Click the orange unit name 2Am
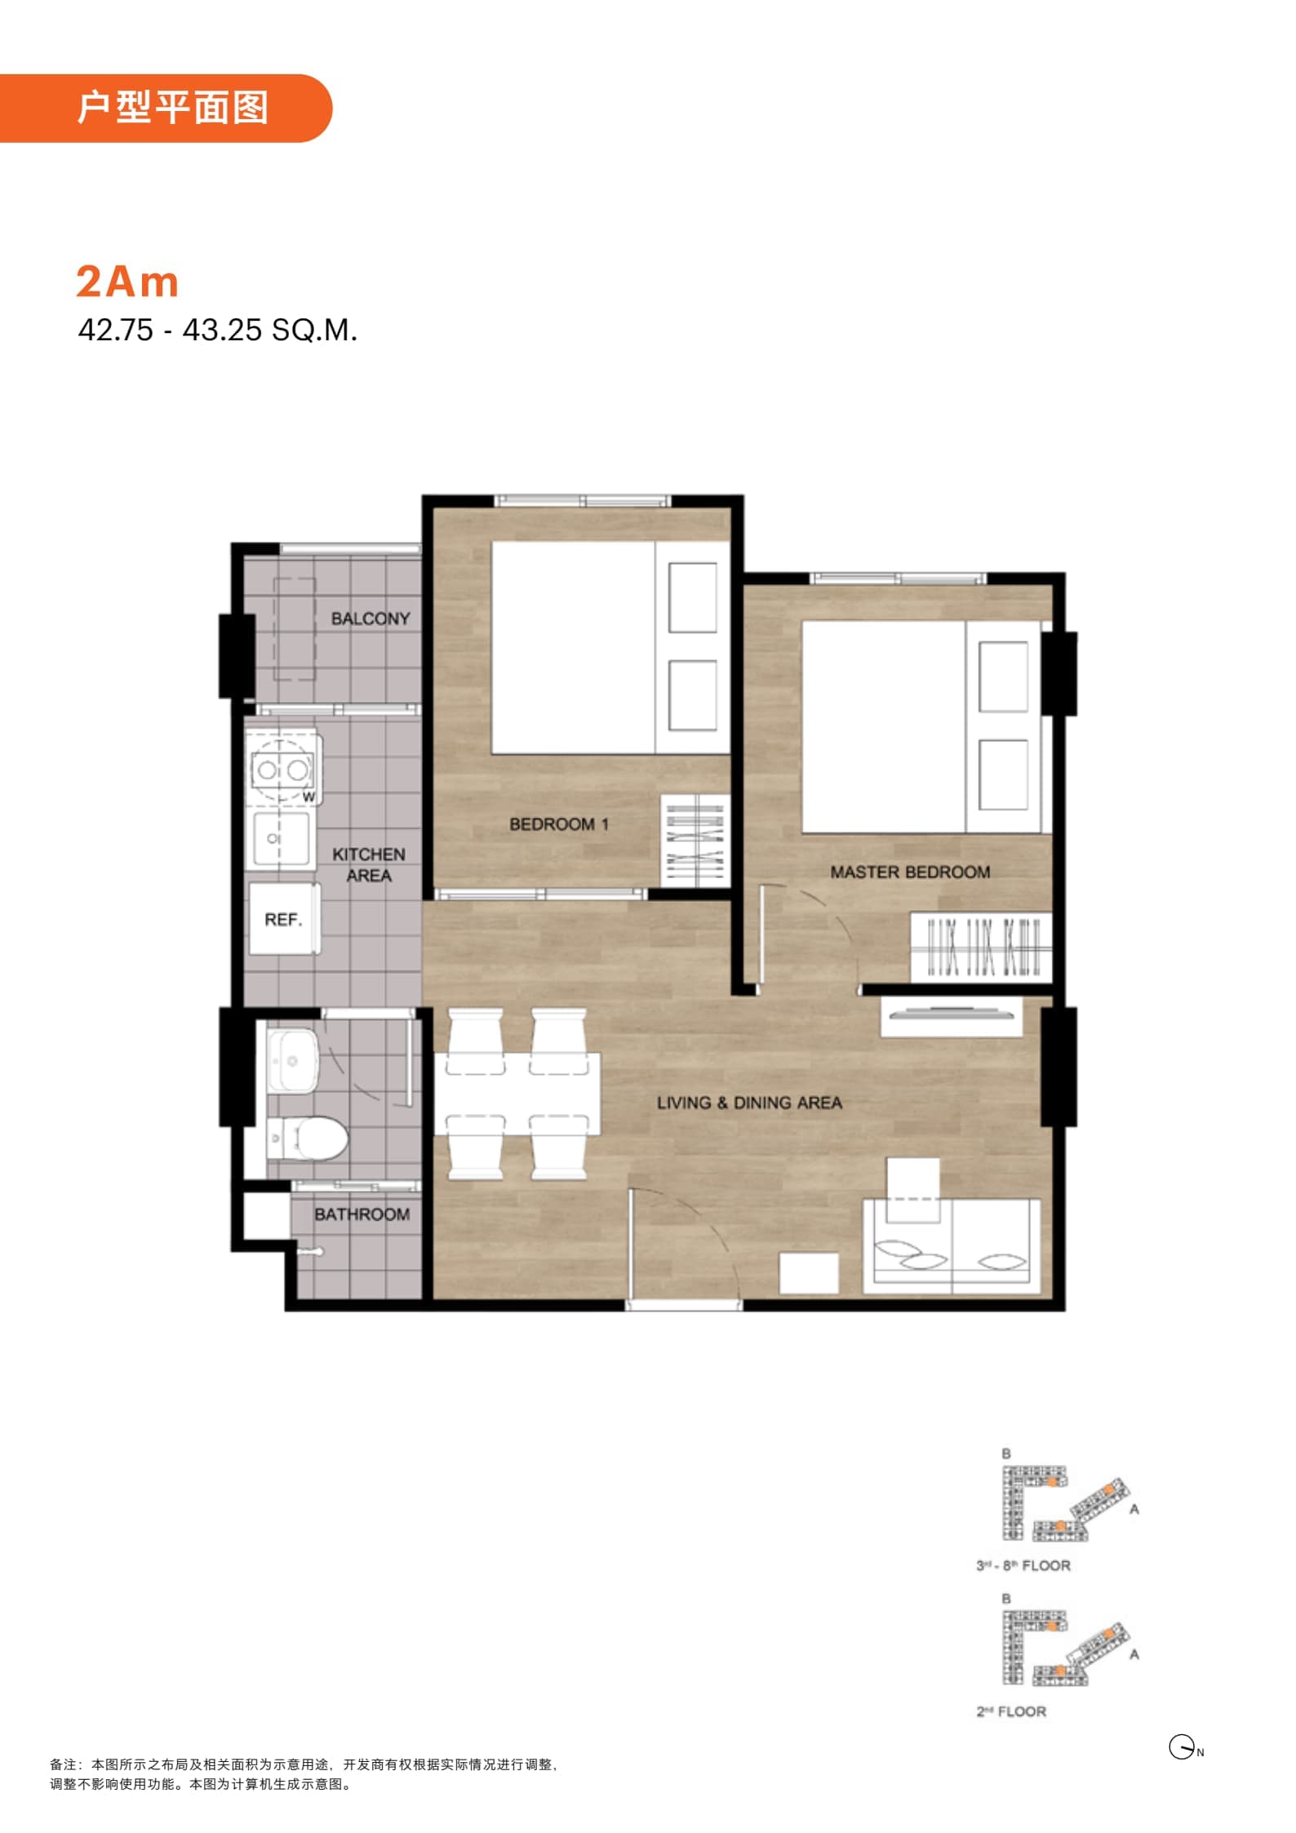[x=127, y=282]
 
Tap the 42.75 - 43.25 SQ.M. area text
[x=218, y=330]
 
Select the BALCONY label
[x=371, y=619]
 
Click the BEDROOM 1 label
[x=559, y=824]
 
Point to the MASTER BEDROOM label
[x=910, y=872]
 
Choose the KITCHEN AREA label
[x=369, y=865]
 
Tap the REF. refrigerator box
[x=284, y=919]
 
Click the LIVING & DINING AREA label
[x=749, y=1103]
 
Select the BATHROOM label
[x=362, y=1214]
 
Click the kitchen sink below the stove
[x=280, y=839]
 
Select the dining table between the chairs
[x=517, y=1094]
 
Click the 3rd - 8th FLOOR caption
[x=1023, y=1565]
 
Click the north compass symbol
[x=1183, y=1747]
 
